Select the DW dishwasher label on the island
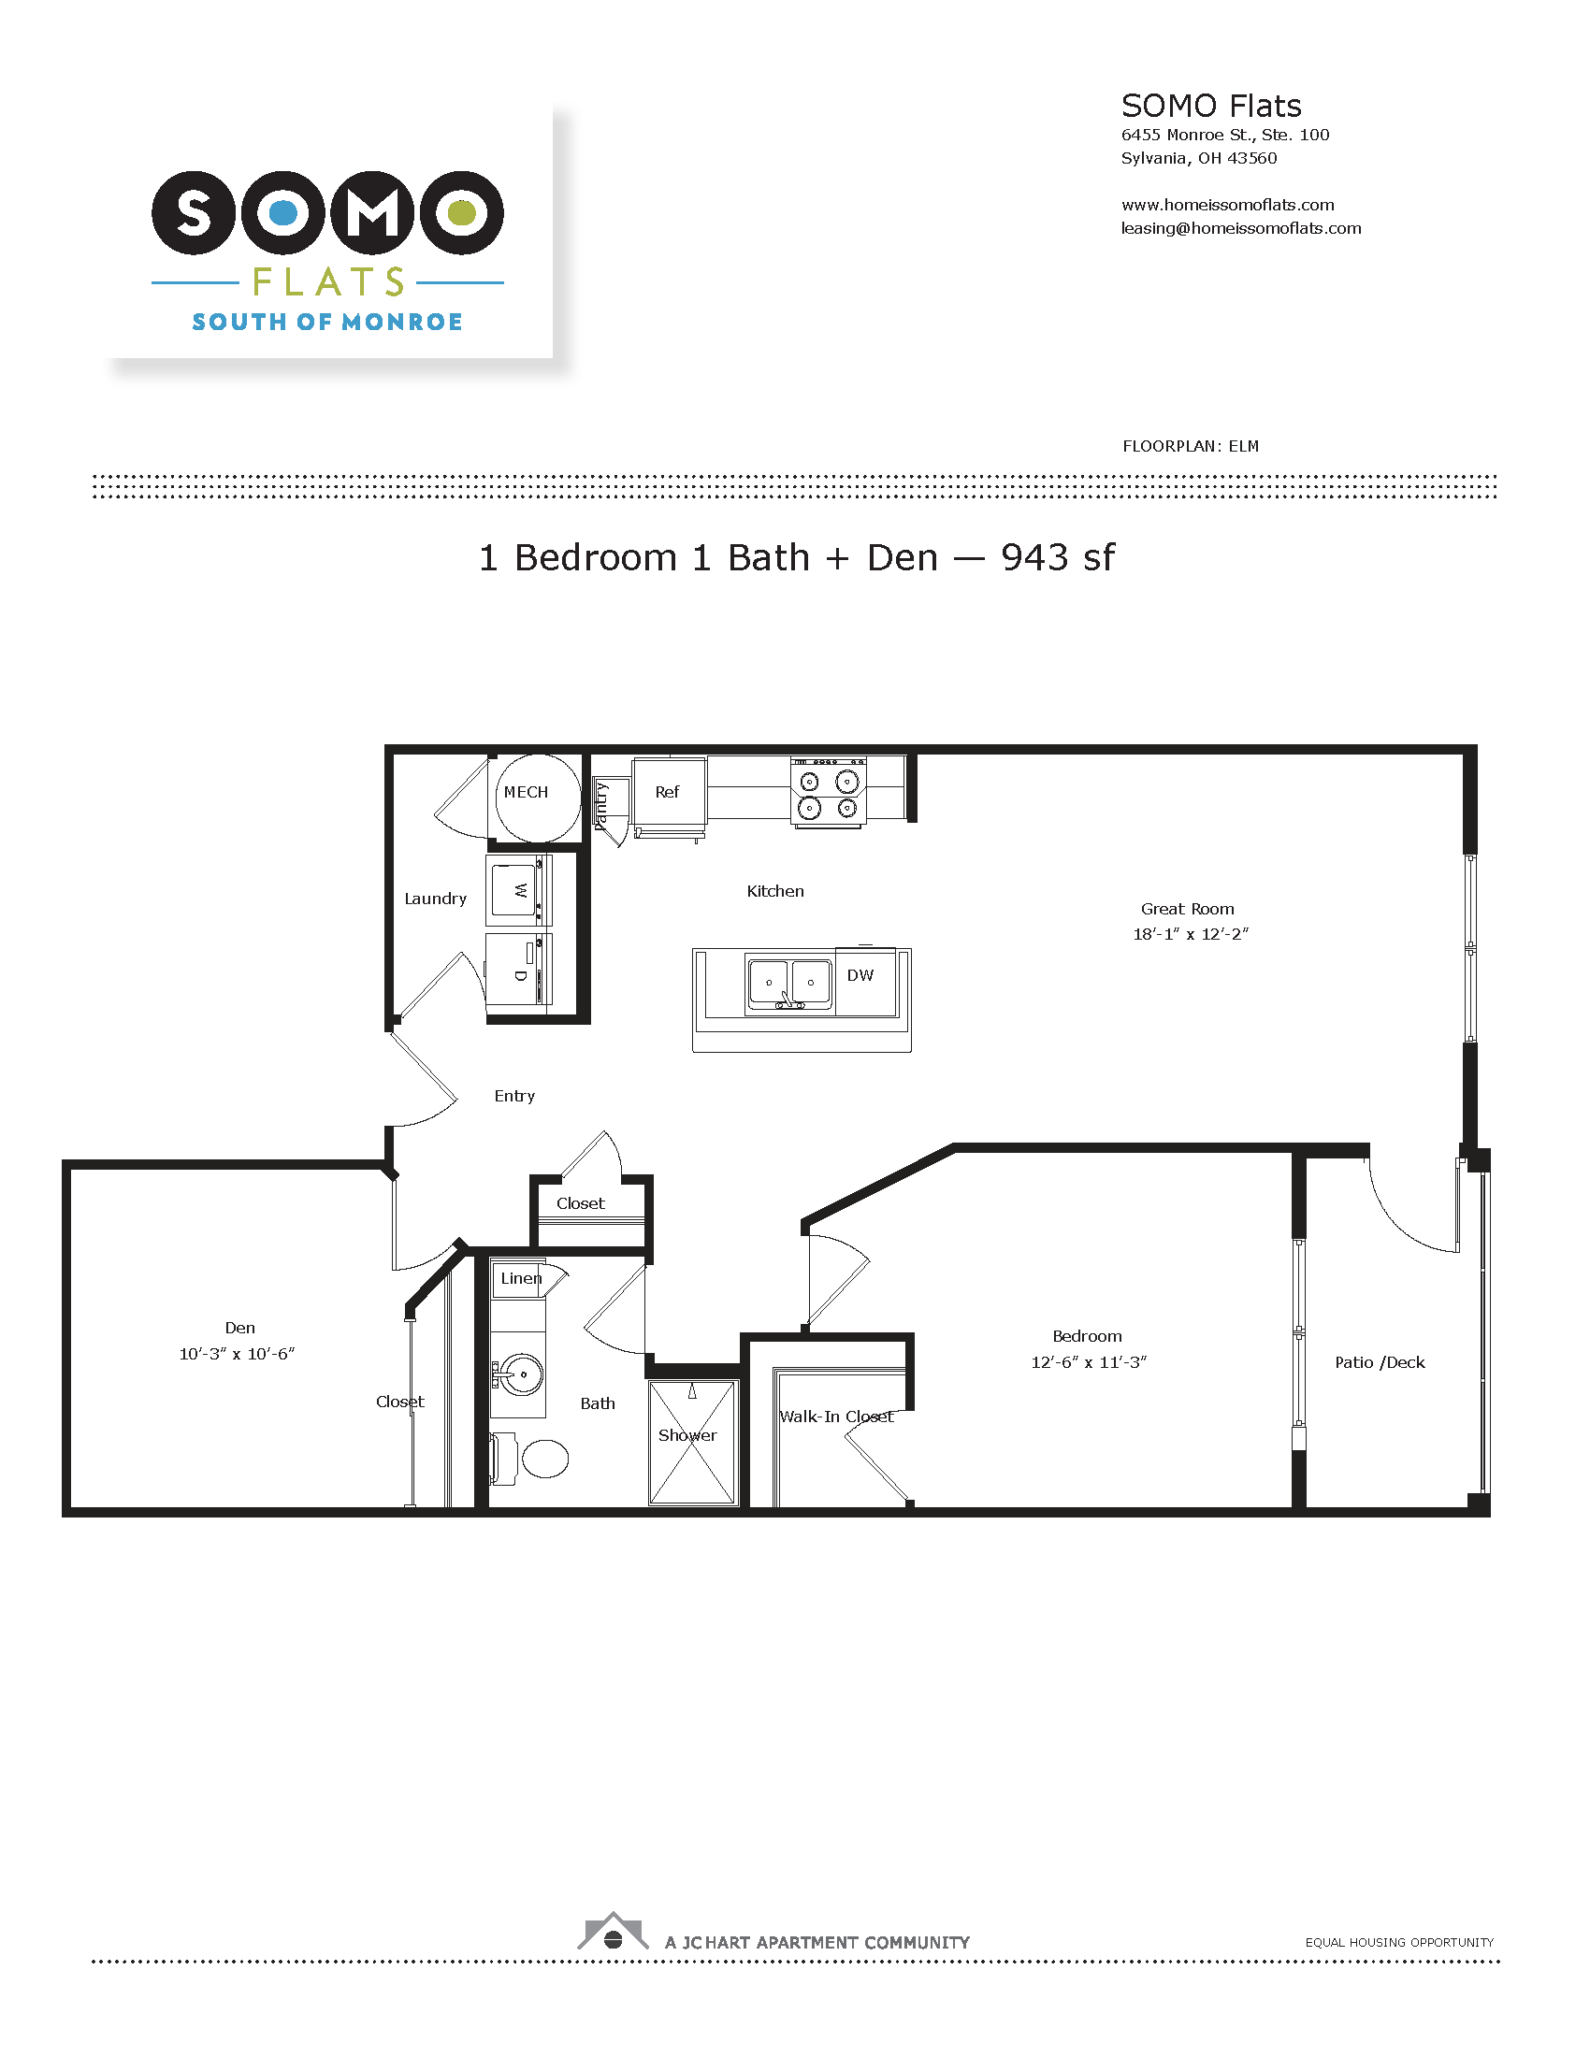[x=860, y=975]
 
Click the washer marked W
[x=518, y=890]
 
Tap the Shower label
[x=687, y=1435]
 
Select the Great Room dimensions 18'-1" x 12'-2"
[x=1191, y=934]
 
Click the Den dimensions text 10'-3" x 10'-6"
[x=238, y=1354]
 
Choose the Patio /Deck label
[x=1380, y=1362]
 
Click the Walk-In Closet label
[x=836, y=1417]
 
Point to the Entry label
[x=514, y=1097]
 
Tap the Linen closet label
[x=521, y=1278]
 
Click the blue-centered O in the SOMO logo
[x=283, y=213]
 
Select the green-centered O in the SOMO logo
[x=461, y=213]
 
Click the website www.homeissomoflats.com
[x=1227, y=205]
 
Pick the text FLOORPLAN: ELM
[x=1191, y=446]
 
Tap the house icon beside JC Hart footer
[x=614, y=1931]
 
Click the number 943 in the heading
[x=1035, y=557]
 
